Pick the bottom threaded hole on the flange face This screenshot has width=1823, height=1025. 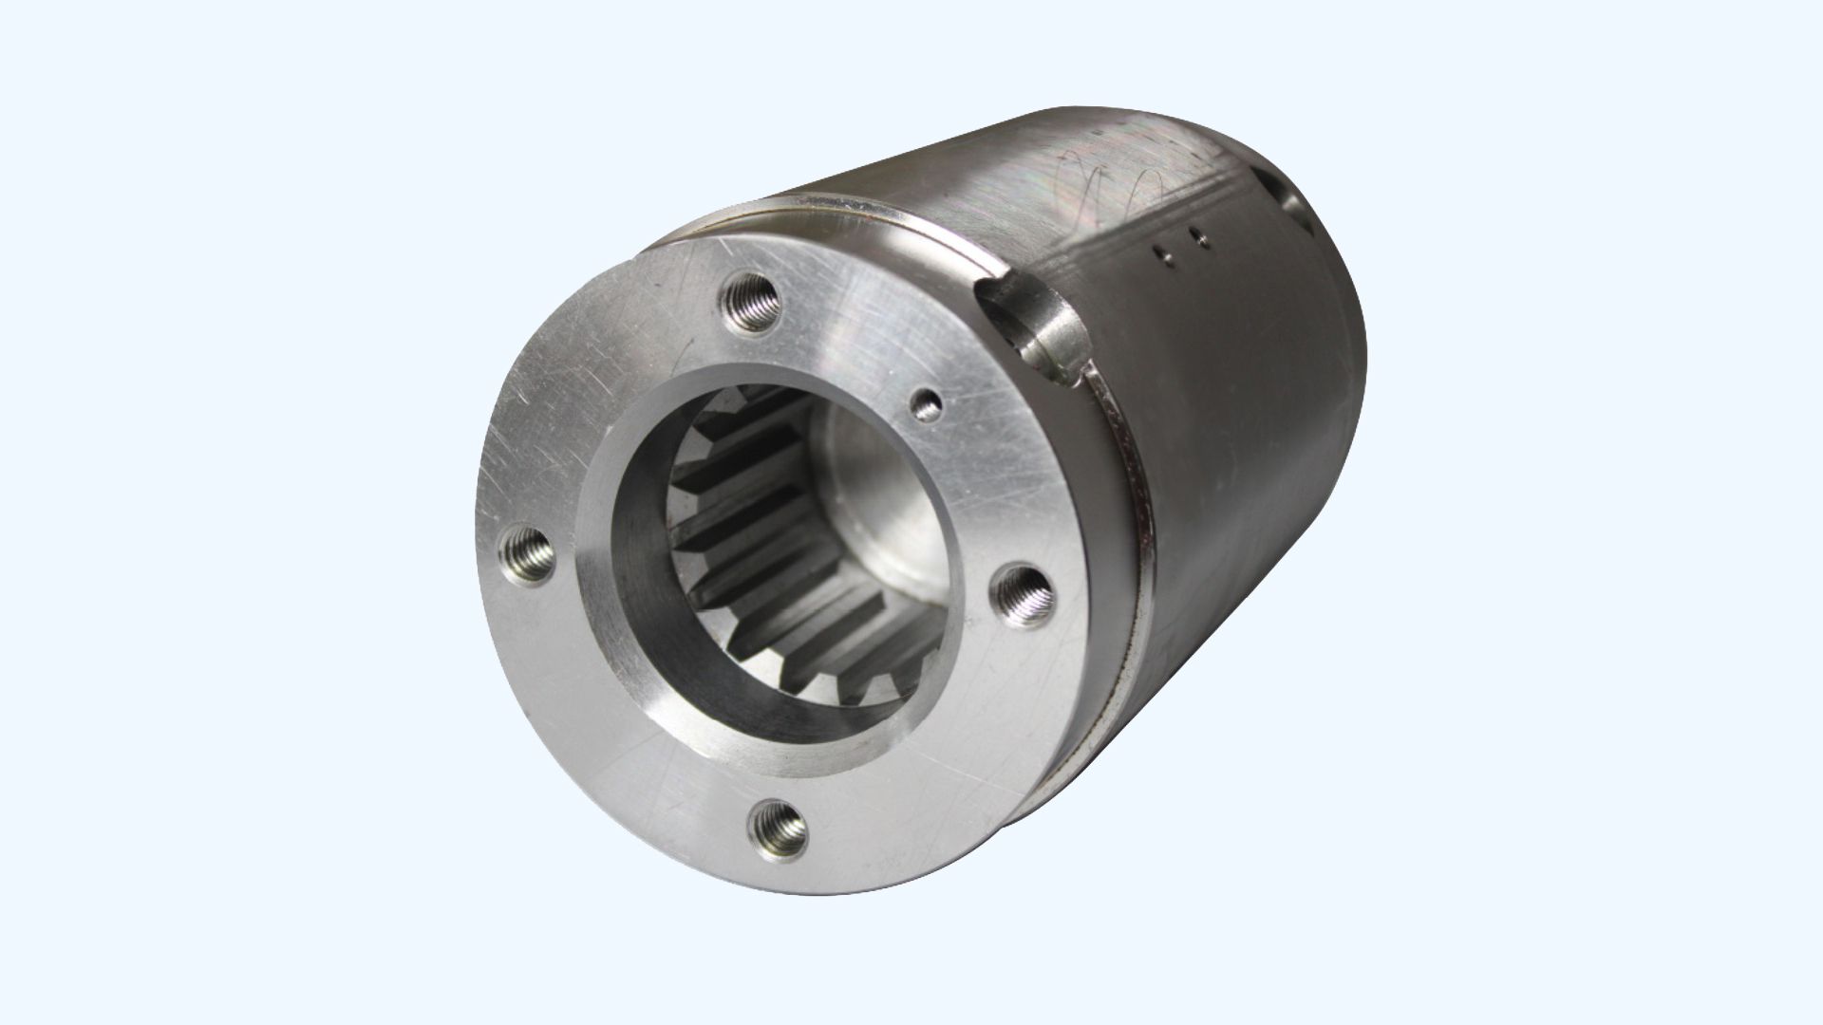tap(778, 824)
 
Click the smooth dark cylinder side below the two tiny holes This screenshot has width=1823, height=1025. tap(1234, 427)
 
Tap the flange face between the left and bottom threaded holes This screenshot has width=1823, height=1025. tap(608, 721)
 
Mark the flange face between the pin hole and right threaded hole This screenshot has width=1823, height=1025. tap(987, 494)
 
